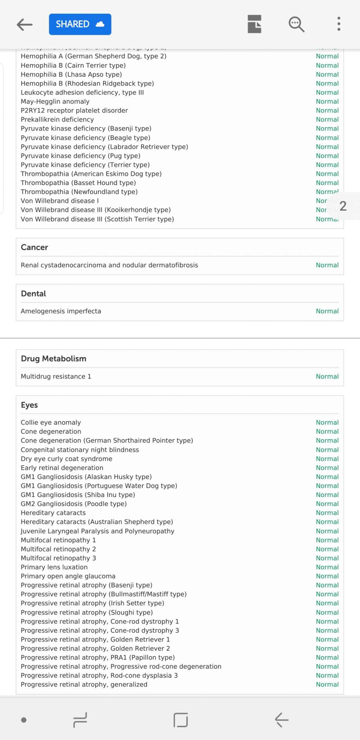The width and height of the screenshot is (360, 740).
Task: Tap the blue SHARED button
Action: [x=80, y=24]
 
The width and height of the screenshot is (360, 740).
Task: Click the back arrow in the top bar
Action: [x=25, y=24]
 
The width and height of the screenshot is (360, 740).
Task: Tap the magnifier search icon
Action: [x=296, y=24]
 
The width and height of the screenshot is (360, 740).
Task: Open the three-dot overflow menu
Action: [x=339, y=24]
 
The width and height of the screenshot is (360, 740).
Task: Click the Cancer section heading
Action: [x=34, y=247]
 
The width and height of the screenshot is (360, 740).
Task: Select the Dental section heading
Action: [x=33, y=294]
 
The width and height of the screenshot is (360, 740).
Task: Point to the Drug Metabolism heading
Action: [x=53, y=359]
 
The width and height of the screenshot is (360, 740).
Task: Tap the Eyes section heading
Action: [x=29, y=405]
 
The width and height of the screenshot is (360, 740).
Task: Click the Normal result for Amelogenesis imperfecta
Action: [x=327, y=311]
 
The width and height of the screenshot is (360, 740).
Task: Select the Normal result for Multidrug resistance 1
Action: [x=327, y=377]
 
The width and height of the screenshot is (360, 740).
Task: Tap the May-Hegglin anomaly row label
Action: [x=55, y=102]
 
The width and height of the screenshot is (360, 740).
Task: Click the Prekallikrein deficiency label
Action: [x=57, y=120]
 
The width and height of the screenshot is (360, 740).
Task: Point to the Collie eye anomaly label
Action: [x=51, y=422]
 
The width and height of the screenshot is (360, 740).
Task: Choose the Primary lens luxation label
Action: [x=54, y=567]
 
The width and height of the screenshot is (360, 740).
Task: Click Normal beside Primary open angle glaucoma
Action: [x=327, y=576]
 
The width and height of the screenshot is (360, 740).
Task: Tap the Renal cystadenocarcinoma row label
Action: [x=109, y=265]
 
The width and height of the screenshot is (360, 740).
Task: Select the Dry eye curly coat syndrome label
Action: [x=66, y=459]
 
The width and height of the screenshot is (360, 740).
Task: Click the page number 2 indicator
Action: [x=343, y=206]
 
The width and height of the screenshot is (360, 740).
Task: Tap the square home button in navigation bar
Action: [x=181, y=720]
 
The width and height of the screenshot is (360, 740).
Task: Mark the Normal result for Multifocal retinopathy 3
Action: [x=327, y=558]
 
